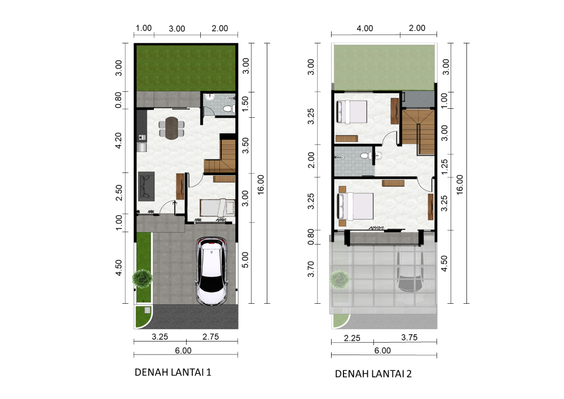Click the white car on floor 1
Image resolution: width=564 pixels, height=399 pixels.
click(212, 272)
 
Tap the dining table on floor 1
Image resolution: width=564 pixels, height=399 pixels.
click(171, 128)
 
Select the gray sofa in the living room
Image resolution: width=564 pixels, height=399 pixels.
click(146, 187)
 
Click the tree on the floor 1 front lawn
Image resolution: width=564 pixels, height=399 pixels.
click(142, 277)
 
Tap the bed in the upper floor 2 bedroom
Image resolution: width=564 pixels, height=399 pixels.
click(351, 112)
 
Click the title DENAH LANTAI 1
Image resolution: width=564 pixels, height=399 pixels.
click(173, 372)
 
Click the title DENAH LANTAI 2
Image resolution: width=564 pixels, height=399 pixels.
click(373, 374)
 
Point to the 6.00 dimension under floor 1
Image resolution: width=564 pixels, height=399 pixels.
click(183, 351)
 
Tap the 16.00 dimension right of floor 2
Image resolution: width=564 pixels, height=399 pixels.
click(460, 185)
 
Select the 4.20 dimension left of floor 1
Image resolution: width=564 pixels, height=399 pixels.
click(118, 140)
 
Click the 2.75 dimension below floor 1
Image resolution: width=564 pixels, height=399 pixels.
click(210, 337)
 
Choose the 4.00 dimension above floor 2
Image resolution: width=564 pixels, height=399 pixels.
click(365, 28)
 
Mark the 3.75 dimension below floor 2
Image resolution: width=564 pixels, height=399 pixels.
click(409, 338)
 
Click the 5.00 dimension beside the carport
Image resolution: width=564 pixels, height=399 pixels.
click(245, 260)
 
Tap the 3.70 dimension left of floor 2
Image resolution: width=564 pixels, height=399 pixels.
click(311, 269)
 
